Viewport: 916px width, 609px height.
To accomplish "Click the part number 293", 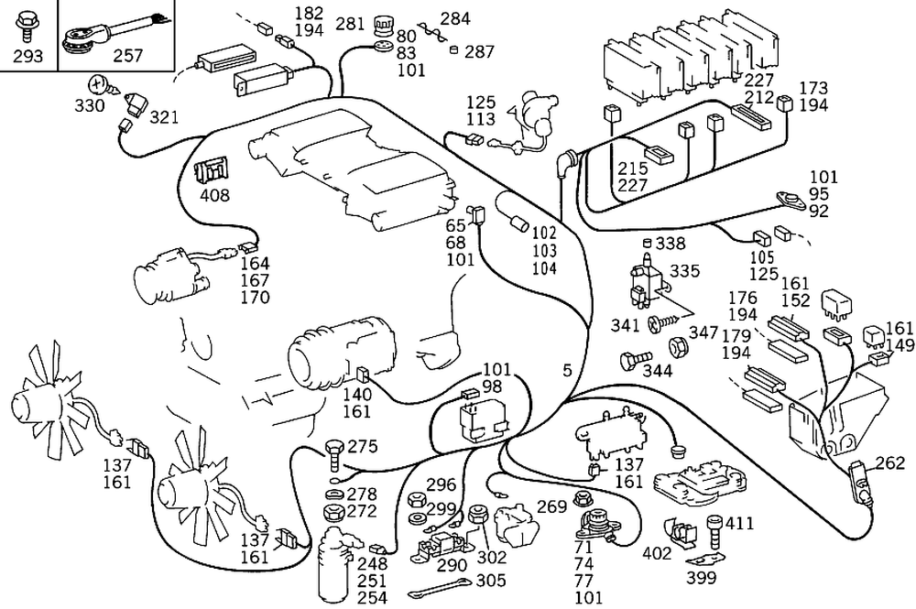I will pyautogui.click(x=29, y=57).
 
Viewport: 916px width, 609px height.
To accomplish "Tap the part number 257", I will pyautogui.click(x=127, y=57).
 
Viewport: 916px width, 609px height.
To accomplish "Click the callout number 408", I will pyautogui.click(x=216, y=194).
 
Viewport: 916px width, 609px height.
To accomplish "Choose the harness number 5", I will pyautogui.click(x=568, y=370).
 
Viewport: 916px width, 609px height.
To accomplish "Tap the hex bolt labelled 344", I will pyautogui.click(x=634, y=360).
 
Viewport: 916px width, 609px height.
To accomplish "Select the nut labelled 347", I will pyautogui.click(x=679, y=347).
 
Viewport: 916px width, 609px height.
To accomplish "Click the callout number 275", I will pyautogui.click(x=363, y=448).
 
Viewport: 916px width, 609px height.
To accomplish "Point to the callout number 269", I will pyautogui.click(x=551, y=506).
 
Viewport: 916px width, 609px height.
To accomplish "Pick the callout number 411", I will pyautogui.click(x=739, y=523).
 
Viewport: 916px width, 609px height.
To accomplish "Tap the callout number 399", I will pyautogui.click(x=701, y=577).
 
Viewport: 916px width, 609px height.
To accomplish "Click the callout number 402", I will pyautogui.click(x=657, y=553).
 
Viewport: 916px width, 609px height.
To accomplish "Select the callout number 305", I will pyautogui.click(x=490, y=580).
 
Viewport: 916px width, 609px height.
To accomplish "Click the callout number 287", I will pyautogui.click(x=479, y=51).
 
